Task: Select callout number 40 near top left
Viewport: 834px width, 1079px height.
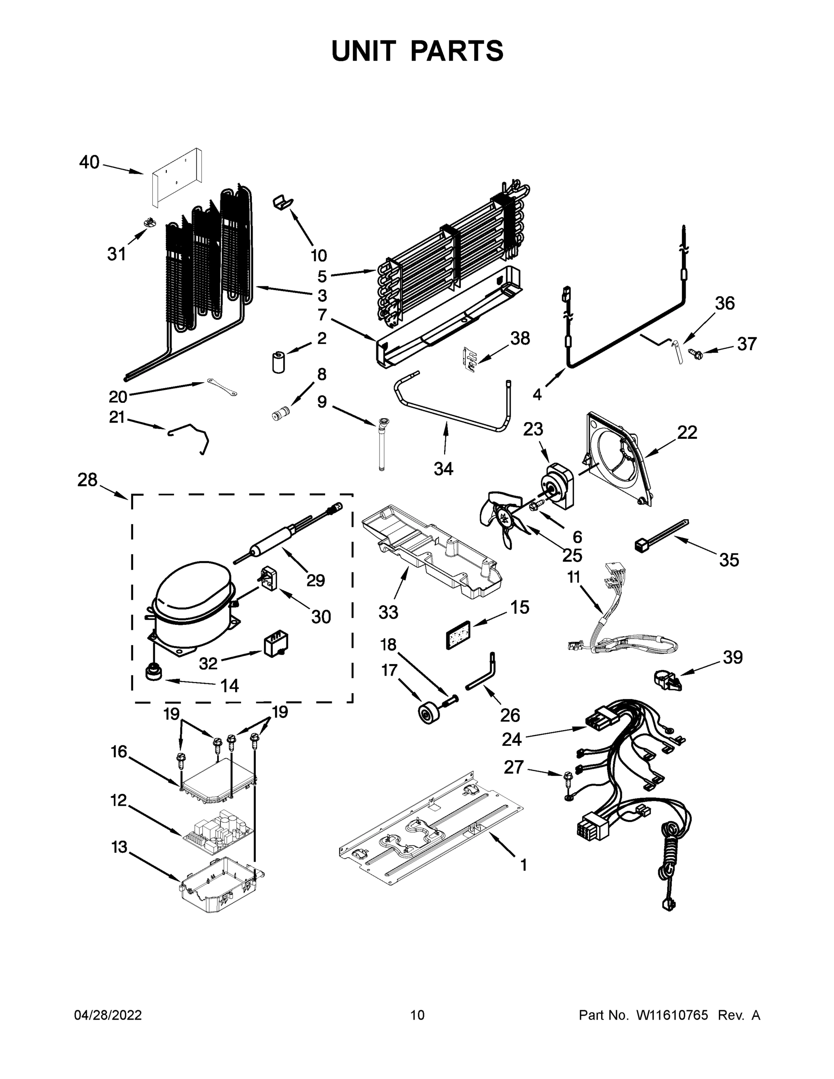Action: (89, 163)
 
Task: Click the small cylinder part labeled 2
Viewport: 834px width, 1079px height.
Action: (279, 362)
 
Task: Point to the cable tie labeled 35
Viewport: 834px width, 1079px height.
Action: (661, 535)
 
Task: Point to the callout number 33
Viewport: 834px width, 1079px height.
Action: (388, 612)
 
